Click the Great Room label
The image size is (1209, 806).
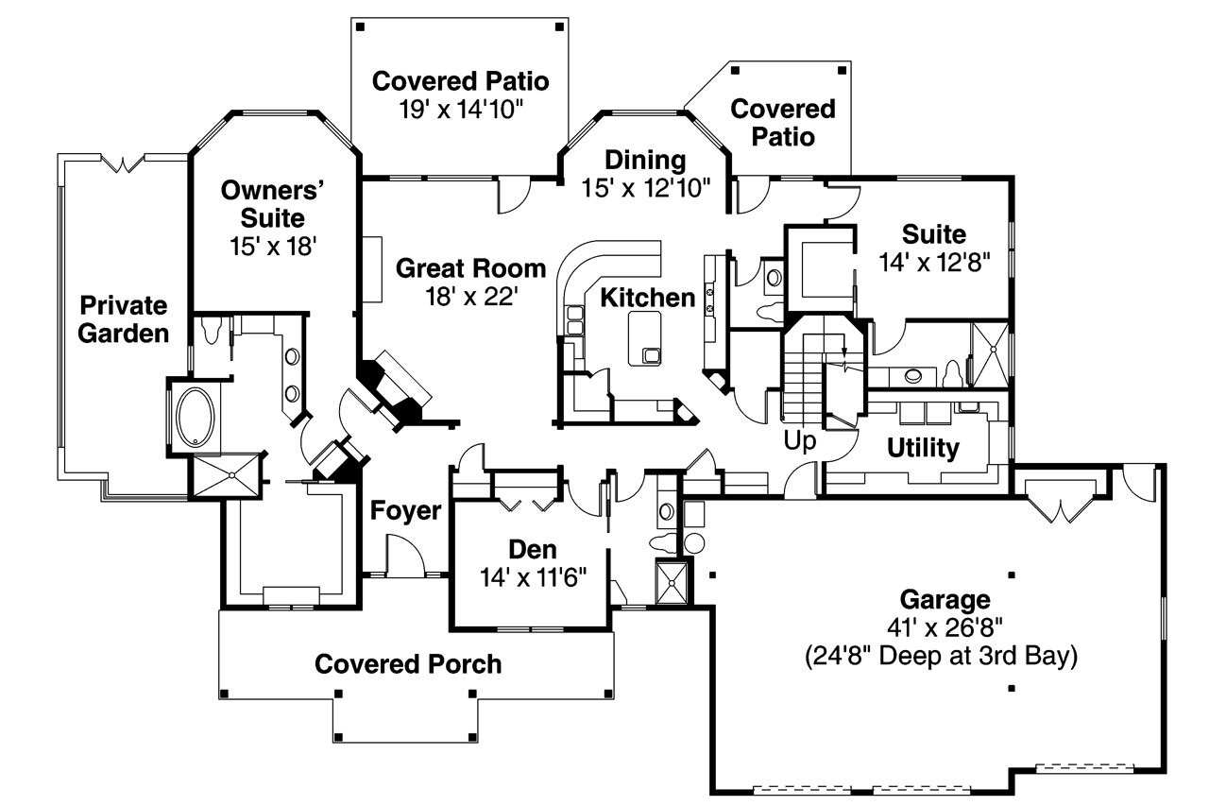point(470,268)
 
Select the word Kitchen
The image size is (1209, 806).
point(647,298)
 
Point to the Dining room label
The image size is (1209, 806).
point(645,159)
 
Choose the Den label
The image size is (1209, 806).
point(533,549)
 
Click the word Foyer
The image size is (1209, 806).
point(405,511)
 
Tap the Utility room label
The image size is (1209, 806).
point(923,448)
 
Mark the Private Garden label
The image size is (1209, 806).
point(123,319)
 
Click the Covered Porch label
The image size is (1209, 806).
point(408,664)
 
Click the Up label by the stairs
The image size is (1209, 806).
point(799,440)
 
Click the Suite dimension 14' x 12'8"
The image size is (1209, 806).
point(933,262)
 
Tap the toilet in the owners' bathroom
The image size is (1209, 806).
point(213,331)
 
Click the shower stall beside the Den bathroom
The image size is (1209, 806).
point(673,582)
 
